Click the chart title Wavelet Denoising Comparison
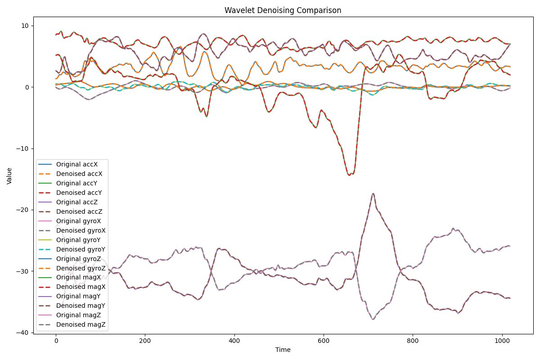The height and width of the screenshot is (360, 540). point(283,10)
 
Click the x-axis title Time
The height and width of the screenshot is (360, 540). point(283,350)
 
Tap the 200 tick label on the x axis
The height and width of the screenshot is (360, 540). point(145,341)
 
